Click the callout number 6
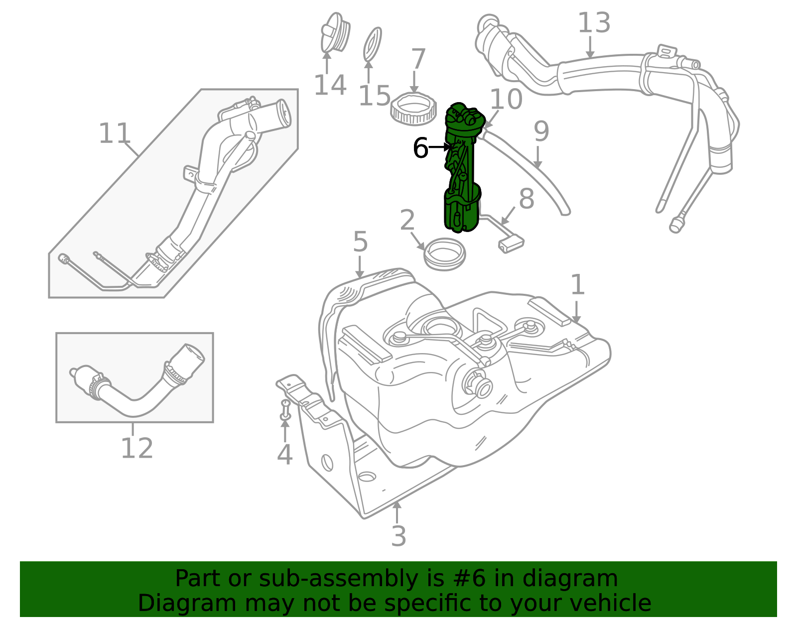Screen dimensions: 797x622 tap(420, 148)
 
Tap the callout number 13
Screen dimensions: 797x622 tap(594, 23)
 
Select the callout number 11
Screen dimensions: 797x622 tap(115, 133)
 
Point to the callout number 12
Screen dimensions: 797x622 tap(137, 448)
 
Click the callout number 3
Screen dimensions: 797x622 tap(398, 536)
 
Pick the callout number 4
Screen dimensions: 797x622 tap(284, 455)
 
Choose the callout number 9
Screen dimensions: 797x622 tap(541, 131)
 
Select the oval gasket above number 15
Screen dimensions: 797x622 tap(372, 44)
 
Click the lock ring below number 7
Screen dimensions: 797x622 tap(414, 109)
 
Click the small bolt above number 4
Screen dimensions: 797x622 tap(285, 410)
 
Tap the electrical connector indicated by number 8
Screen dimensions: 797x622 tap(511, 245)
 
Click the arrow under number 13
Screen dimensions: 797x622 tap(590, 47)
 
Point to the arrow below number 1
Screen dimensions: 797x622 tap(576, 312)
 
